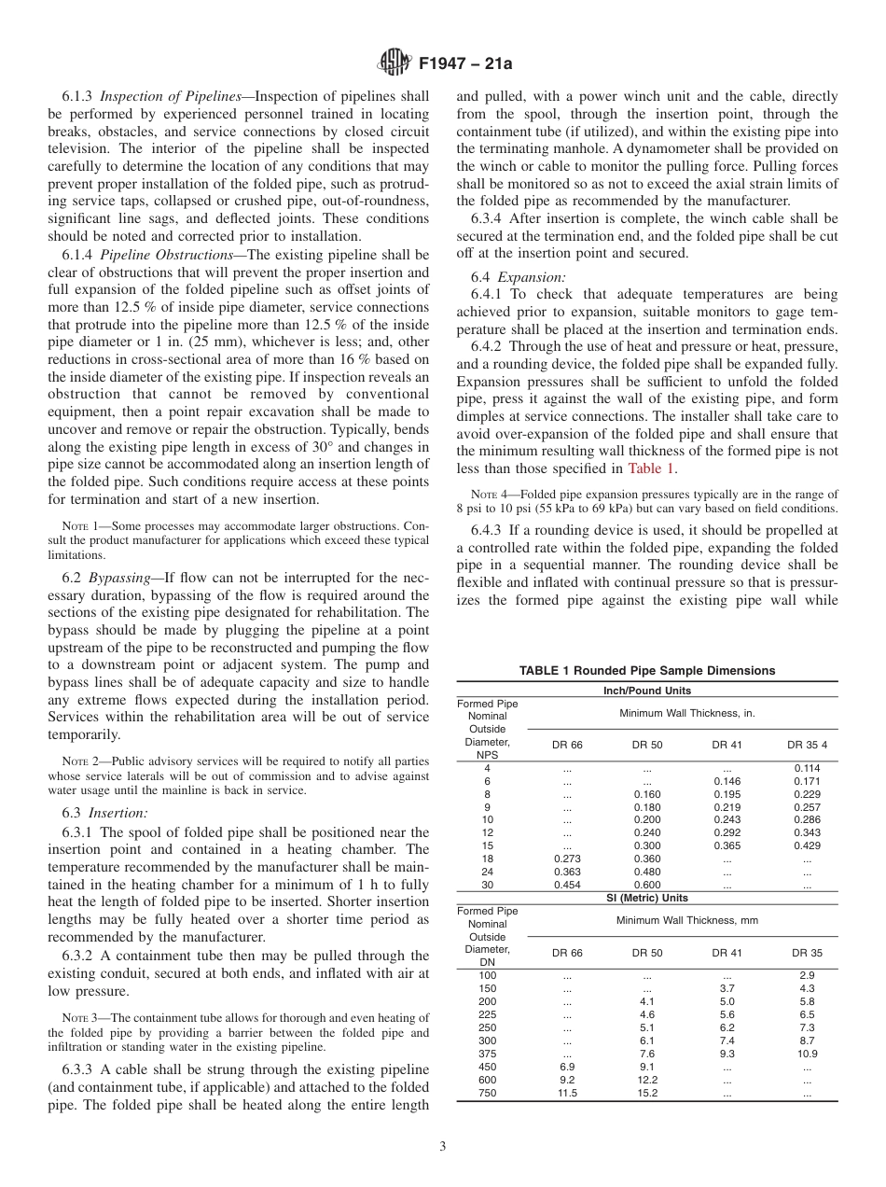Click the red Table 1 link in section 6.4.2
click(x=652, y=468)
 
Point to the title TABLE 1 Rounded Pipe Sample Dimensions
click(x=646, y=670)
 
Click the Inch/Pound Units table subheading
click(x=646, y=691)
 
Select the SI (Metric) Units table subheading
click(x=646, y=898)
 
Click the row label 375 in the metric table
click(x=487, y=1054)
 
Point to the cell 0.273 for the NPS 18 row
click(x=567, y=859)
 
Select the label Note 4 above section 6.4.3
click(x=484, y=495)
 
